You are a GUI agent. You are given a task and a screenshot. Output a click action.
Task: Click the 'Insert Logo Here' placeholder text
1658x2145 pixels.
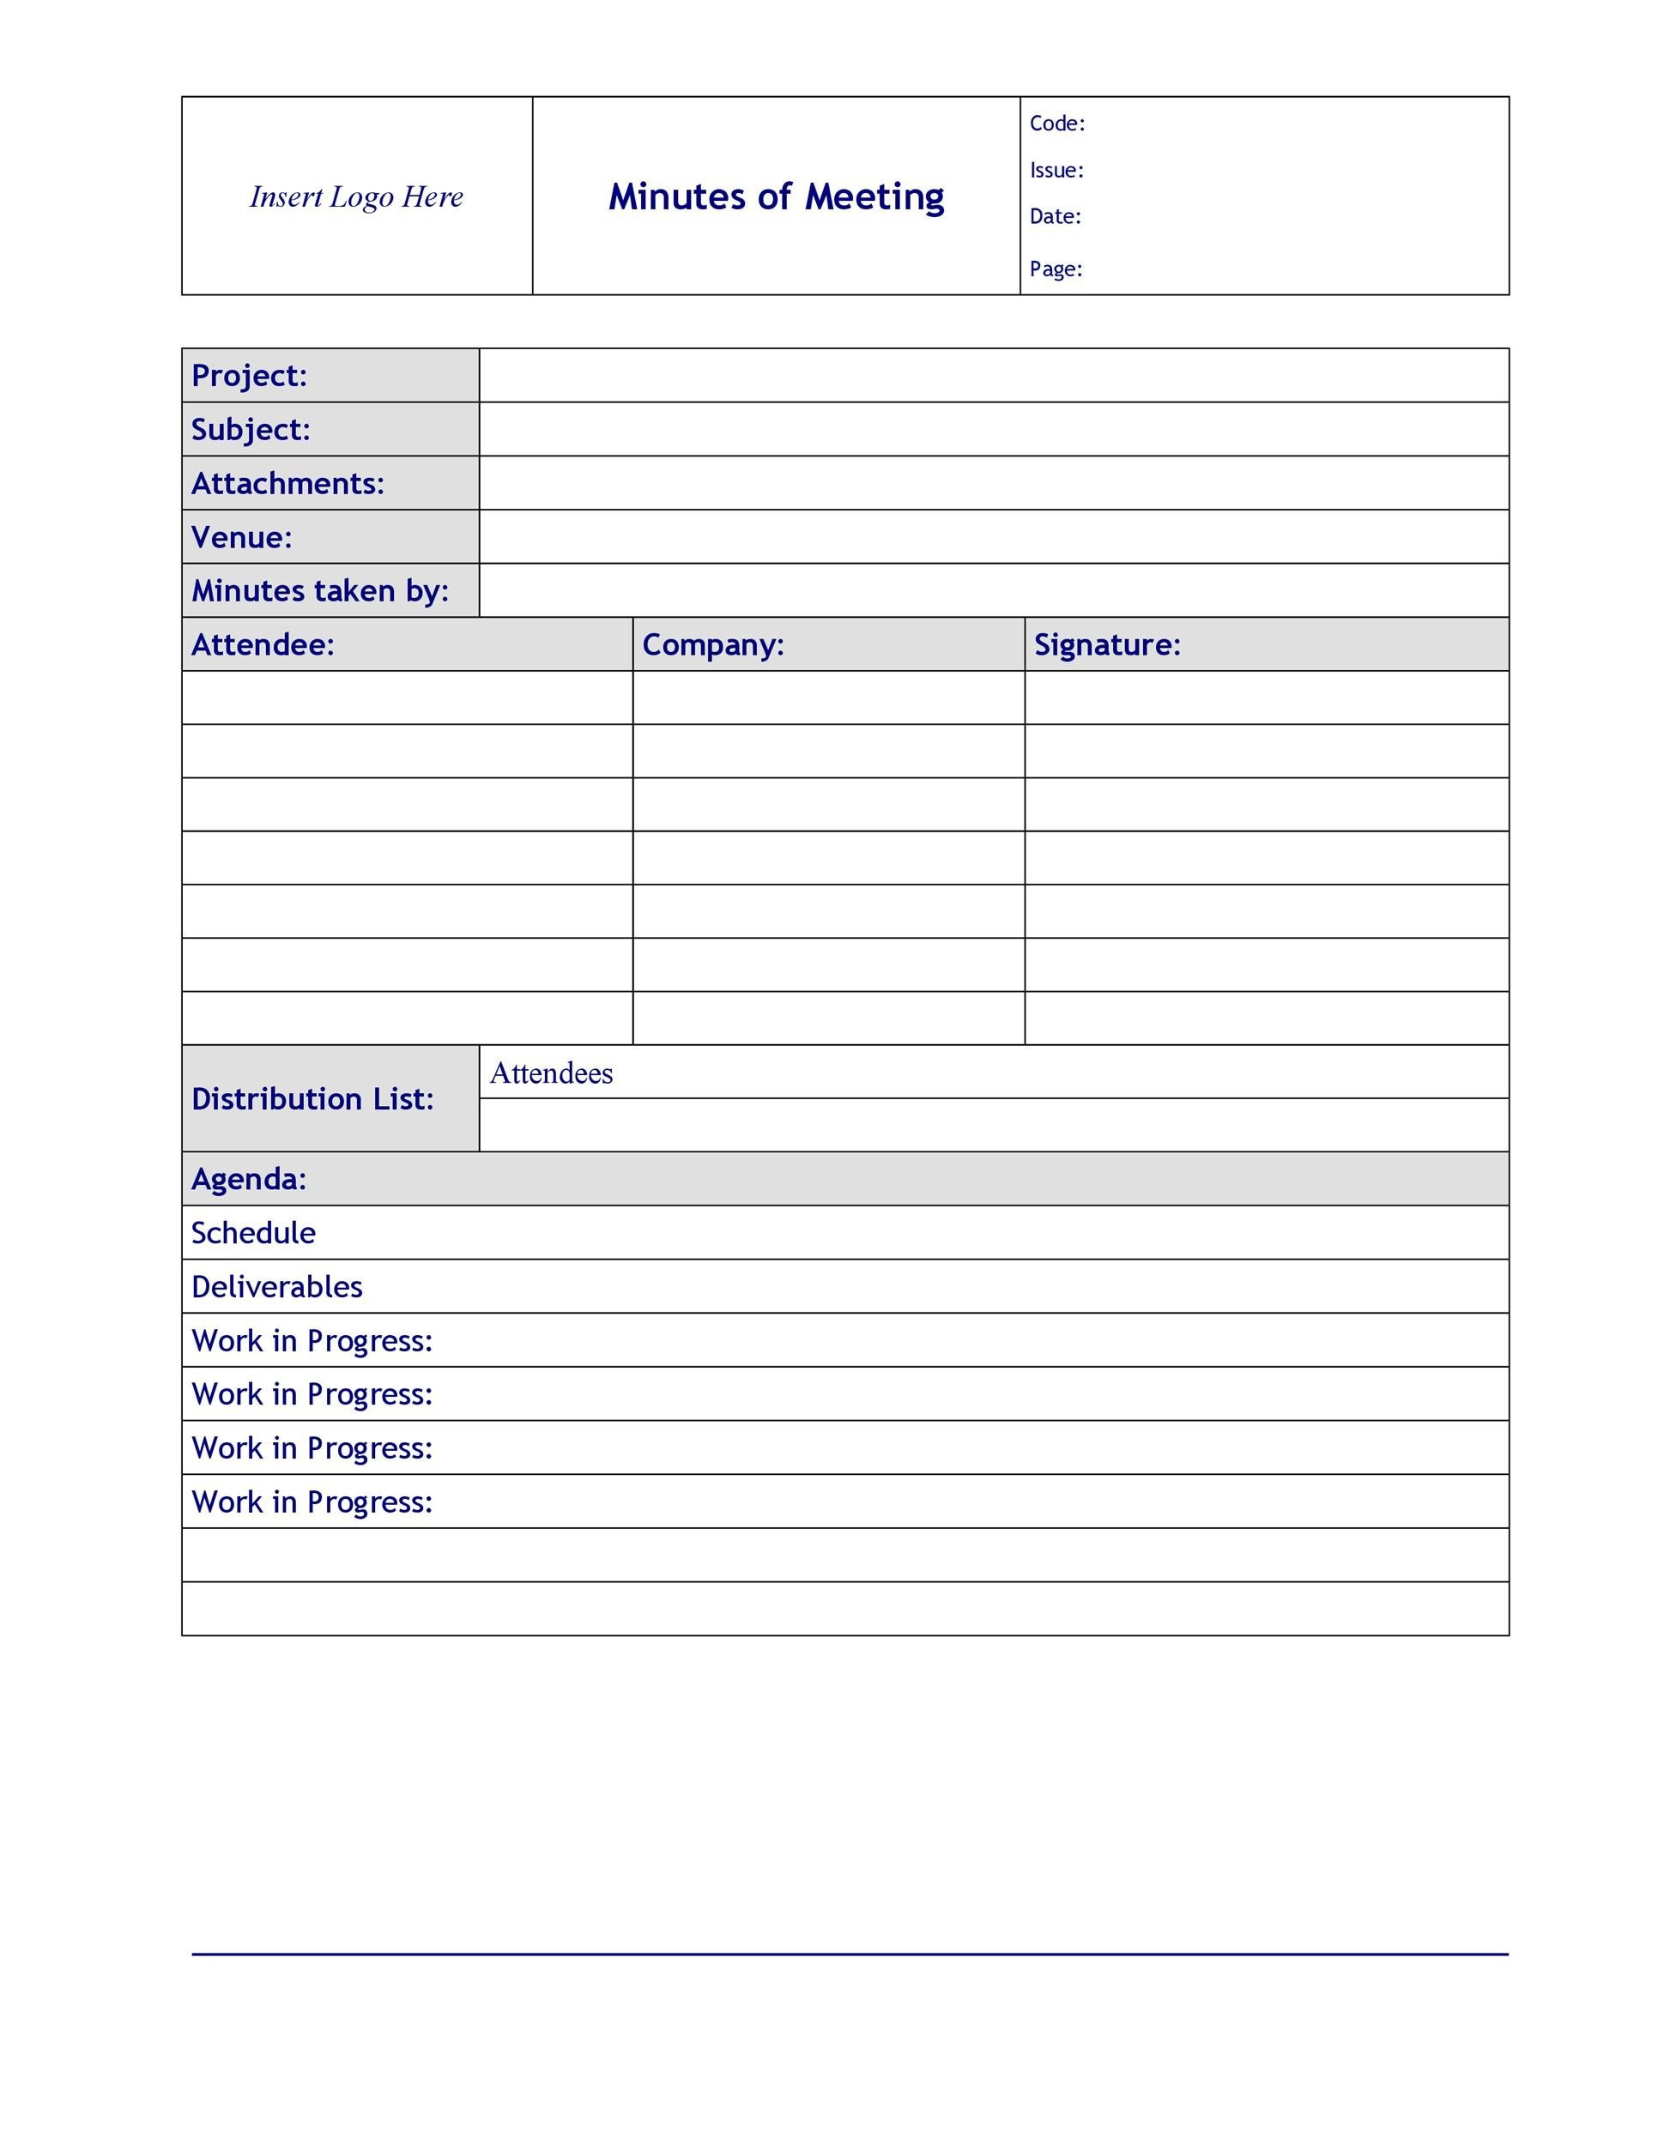tap(355, 196)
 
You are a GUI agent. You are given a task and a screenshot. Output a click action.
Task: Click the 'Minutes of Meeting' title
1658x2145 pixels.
tap(776, 196)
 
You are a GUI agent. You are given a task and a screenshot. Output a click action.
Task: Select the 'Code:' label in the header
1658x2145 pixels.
tap(1057, 124)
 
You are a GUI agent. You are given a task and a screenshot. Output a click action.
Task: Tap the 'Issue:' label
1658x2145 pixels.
tap(1056, 171)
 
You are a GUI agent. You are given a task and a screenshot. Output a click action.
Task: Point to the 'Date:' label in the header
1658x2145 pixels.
tap(1055, 217)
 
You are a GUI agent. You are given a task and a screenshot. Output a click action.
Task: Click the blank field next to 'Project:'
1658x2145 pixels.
tap(993, 375)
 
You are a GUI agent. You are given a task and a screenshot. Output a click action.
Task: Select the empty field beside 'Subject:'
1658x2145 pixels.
tap(993, 429)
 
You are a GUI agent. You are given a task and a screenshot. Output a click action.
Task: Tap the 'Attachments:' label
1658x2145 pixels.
tap(287, 483)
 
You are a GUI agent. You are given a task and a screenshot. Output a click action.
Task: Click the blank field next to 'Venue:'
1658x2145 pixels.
tap(993, 537)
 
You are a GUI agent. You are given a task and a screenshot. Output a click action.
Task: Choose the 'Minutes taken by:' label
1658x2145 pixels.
tap(319, 590)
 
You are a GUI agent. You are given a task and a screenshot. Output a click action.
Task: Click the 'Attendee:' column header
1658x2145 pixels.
tap(263, 644)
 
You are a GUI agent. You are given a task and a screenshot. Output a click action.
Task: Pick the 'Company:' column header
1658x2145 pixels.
tap(713, 644)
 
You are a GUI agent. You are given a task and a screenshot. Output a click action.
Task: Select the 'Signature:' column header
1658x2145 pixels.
tap(1107, 644)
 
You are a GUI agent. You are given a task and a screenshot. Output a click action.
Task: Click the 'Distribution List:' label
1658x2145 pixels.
tap(312, 1099)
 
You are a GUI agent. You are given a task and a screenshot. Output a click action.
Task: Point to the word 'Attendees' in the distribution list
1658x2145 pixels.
tap(551, 1073)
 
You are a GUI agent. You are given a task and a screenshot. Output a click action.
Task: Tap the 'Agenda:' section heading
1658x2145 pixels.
tap(249, 1179)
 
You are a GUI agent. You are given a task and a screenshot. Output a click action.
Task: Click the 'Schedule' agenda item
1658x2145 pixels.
tap(253, 1233)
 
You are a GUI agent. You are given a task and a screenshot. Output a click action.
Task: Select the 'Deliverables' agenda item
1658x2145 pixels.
tap(277, 1287)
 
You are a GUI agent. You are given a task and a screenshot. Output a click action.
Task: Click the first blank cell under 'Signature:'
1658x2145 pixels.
tap(1266, 698)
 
